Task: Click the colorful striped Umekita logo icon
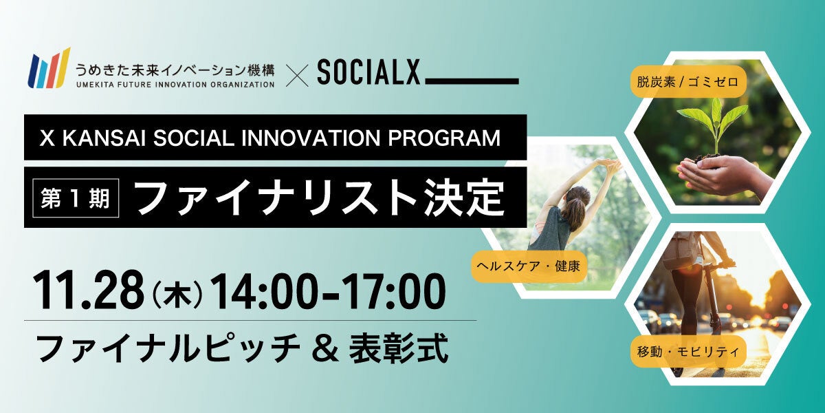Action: coord(49,69)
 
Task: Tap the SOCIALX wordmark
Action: coord(368,73)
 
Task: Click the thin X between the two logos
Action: coord(297,76)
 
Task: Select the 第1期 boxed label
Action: coord(76,198)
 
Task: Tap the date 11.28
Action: coord(89,290)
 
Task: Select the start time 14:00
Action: coord(265,290)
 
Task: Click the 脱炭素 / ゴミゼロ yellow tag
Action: coord(688,81)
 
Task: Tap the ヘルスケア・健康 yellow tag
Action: coord(529,266)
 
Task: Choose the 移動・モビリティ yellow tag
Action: coord(688,352)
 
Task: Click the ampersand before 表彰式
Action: coord(324,348)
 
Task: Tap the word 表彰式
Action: coord(398,348)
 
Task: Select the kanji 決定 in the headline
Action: coord(464,198)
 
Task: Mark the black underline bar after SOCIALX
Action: coord(472,81)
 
